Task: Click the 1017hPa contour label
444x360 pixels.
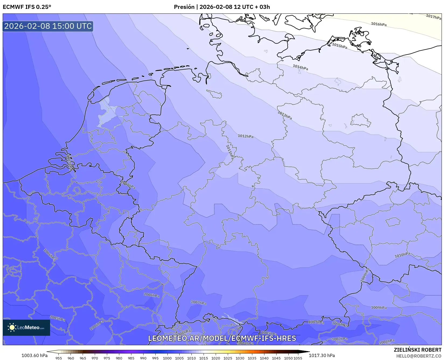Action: [433, 17]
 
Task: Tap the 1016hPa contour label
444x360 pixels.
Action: [379, 24]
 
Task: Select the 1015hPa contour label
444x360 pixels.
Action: [339, 46]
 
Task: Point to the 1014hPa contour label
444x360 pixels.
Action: [300, 67]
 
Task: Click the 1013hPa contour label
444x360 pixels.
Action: [285, 115]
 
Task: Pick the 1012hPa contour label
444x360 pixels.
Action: [245, 136]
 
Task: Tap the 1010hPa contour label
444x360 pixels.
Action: [402, 255]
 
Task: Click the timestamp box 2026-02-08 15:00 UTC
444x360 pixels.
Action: [48, 26]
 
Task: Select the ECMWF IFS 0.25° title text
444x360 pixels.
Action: [27, 7]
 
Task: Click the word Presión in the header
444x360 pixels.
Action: [184, 7]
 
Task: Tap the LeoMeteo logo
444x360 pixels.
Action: [26, 327]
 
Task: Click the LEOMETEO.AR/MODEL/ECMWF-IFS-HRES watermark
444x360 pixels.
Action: [222, 338]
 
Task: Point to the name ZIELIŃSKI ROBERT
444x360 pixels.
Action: [418, 350]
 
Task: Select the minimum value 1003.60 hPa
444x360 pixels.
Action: [34, 355]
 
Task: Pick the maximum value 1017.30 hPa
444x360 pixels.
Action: [322, 355]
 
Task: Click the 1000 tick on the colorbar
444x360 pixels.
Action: [167, 358]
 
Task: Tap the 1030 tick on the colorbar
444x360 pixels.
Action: [240, 358]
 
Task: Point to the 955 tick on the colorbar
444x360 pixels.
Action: [59, 358]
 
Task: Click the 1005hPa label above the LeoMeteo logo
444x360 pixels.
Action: [57, 318]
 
